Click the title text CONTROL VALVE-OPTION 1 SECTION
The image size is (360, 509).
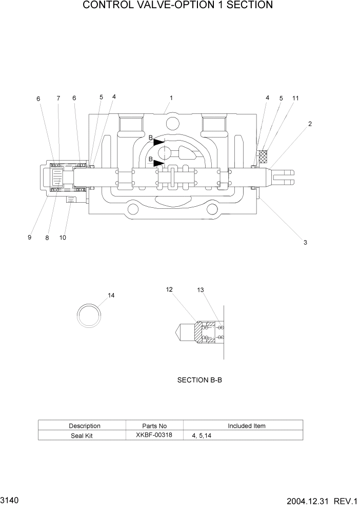(x=177, y=6)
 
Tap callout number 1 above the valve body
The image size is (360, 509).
(x=171, y=97)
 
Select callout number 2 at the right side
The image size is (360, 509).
(x=310, y=124)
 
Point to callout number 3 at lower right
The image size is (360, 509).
(x=305, y=242)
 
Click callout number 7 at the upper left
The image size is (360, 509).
(x=58, y=98)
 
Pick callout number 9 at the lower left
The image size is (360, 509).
(x=29, y=238)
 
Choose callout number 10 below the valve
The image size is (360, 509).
(x=63, y=238)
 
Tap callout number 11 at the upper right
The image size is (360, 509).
(x=295, y=97)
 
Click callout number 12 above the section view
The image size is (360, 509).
(x=169, y=289)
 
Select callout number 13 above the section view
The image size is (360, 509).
(x=201, y=290)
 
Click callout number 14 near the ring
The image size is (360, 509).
(x=111, y=296)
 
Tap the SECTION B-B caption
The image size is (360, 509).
(x=199, y=380)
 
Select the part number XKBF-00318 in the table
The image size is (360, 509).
(x=154, y=435)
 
